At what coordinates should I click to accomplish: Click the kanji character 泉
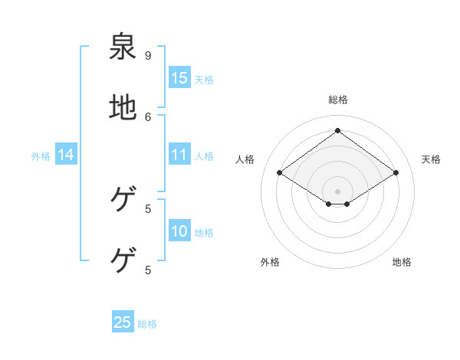[x=123, y=47]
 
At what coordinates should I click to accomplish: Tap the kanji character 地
[x=123, y=108]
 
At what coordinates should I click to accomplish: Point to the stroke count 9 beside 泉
[x=148, y=55]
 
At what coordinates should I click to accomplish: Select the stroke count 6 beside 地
[x=148, y=116]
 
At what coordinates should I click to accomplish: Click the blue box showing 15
[x=179, y=78]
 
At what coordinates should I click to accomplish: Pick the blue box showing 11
[x=179, y=155]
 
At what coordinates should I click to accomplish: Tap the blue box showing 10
[x=179, y=232]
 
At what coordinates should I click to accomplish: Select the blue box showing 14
[x=66, y=155]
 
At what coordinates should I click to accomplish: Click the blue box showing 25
[x=123, y=322]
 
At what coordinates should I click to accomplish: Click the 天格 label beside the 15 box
[x=204, y=79]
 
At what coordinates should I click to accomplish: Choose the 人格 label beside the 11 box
[x=204, y=156]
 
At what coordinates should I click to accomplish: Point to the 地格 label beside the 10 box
[x=204, y=233]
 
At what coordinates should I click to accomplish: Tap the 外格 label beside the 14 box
[x=41, y=156]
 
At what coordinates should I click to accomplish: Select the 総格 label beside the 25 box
[x=147, y=324]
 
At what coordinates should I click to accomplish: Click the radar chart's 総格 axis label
[x=338, y=100]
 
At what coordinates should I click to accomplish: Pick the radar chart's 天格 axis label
[x=431, y=159]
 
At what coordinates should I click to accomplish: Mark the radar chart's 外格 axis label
[x=270, y=262]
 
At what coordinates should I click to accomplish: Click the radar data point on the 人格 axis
[x=280, y=173]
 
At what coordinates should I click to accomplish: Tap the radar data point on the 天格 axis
[x=396, y=173]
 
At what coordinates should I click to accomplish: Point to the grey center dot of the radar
[x=338, y=191]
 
